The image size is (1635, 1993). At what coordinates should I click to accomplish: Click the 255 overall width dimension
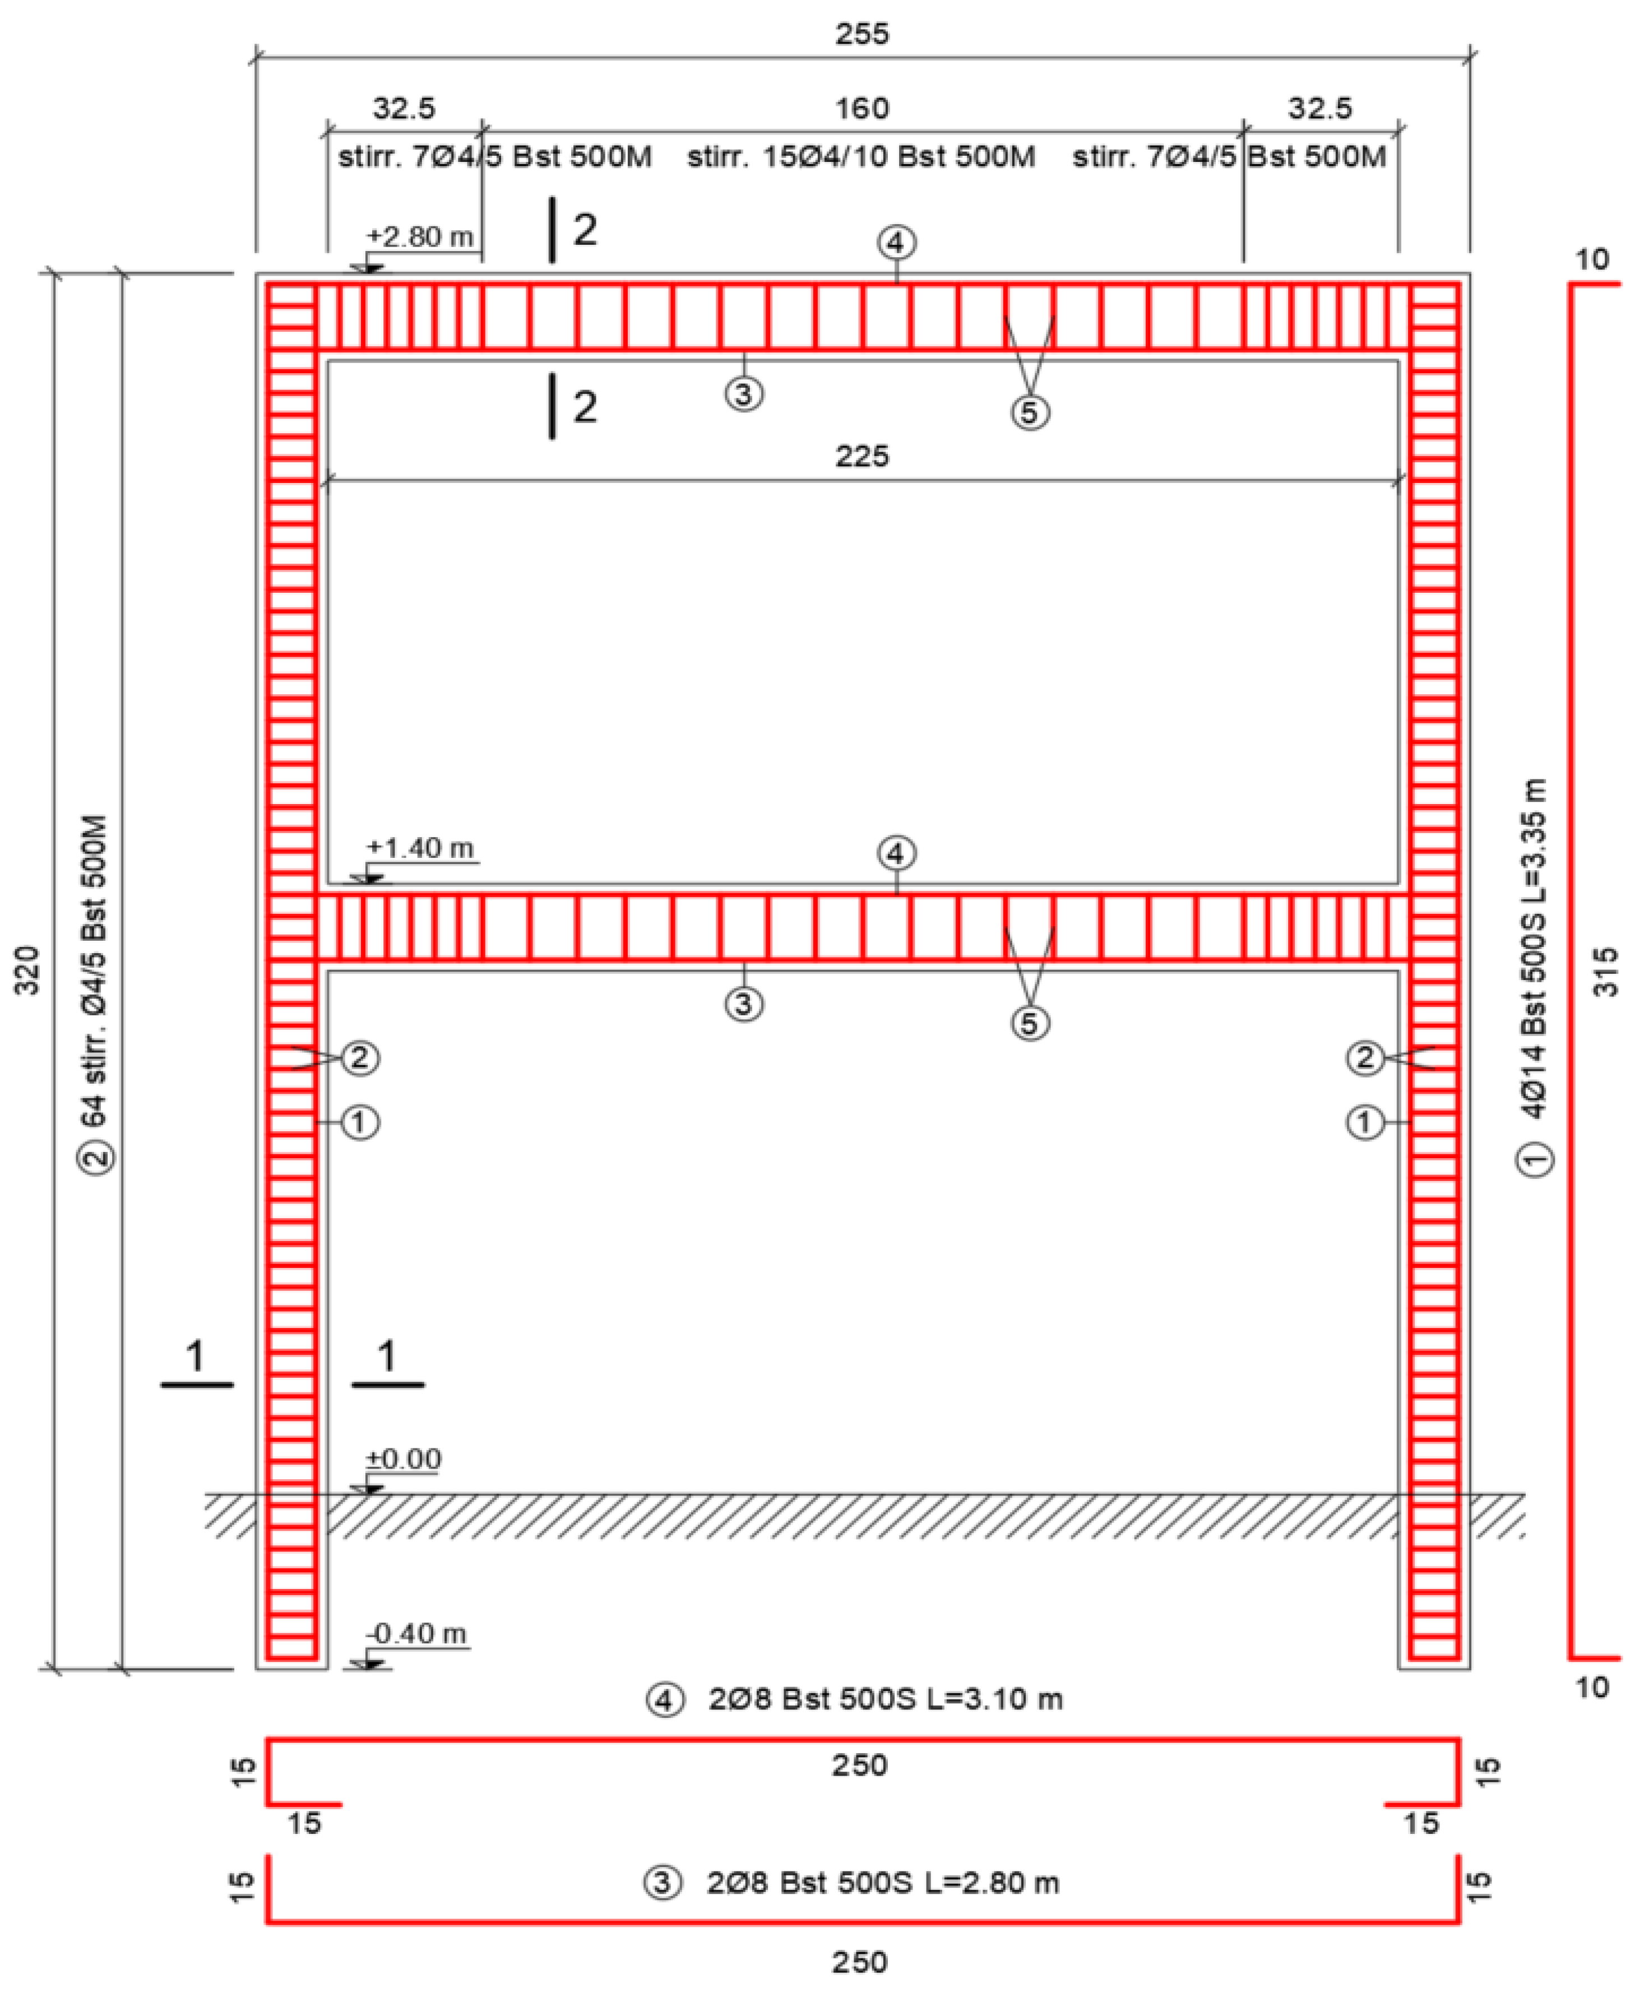861,34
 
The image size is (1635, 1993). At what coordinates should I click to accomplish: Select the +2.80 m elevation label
419,236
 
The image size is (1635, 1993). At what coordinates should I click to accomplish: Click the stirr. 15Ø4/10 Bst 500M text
861,156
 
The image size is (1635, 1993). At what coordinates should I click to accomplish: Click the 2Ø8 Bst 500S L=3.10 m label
885,1699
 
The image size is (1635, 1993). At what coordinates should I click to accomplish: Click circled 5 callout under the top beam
1030,412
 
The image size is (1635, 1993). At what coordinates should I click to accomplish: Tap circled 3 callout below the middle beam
744,1004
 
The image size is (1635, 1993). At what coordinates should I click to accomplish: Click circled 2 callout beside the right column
1365,1058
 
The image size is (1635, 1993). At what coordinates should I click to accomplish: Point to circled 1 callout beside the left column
359,1122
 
